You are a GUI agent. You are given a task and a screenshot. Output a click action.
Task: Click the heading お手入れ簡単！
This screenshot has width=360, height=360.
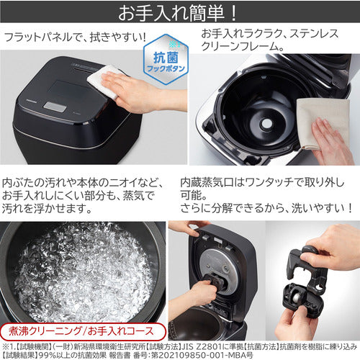tap(179, 12)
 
